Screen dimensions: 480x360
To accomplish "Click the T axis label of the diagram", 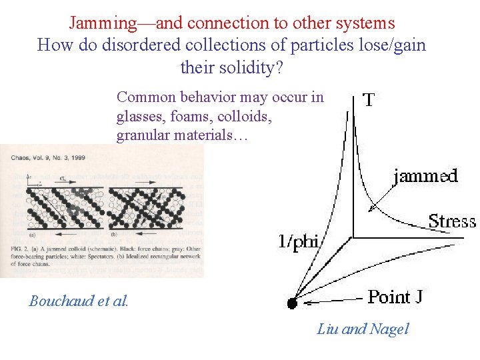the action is [x=369, y=101].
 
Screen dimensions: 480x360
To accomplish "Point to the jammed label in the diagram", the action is [x=425, y=176].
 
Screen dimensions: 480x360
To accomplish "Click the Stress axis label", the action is [x=451, y=221].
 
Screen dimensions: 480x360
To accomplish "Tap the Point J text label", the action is [x=395, y=297].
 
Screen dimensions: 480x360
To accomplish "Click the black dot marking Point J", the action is [x=291, y=303].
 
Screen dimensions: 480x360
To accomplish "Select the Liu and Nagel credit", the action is [x=363, y=329].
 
